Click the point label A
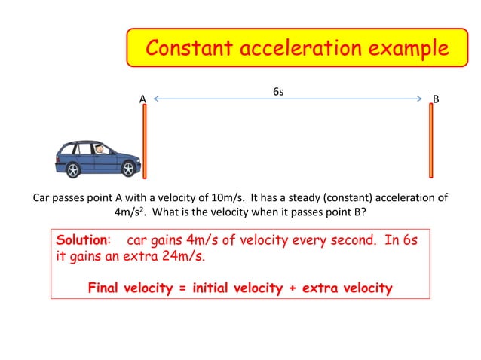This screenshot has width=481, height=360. click(x=142, y=99)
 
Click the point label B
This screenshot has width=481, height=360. click(x=436, y=99)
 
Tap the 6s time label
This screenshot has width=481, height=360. click(x=278, y=92)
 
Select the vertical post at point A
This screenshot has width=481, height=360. click(x=144, y=143)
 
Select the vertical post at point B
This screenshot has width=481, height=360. click(x=430, y=143)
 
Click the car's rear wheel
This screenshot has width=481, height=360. click(x=74, y=169)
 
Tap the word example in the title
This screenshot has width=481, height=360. click(x=402, y=49)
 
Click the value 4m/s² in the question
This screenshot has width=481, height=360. click(x=130, y=212)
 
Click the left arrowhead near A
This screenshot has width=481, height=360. click(x=155, y=99)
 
